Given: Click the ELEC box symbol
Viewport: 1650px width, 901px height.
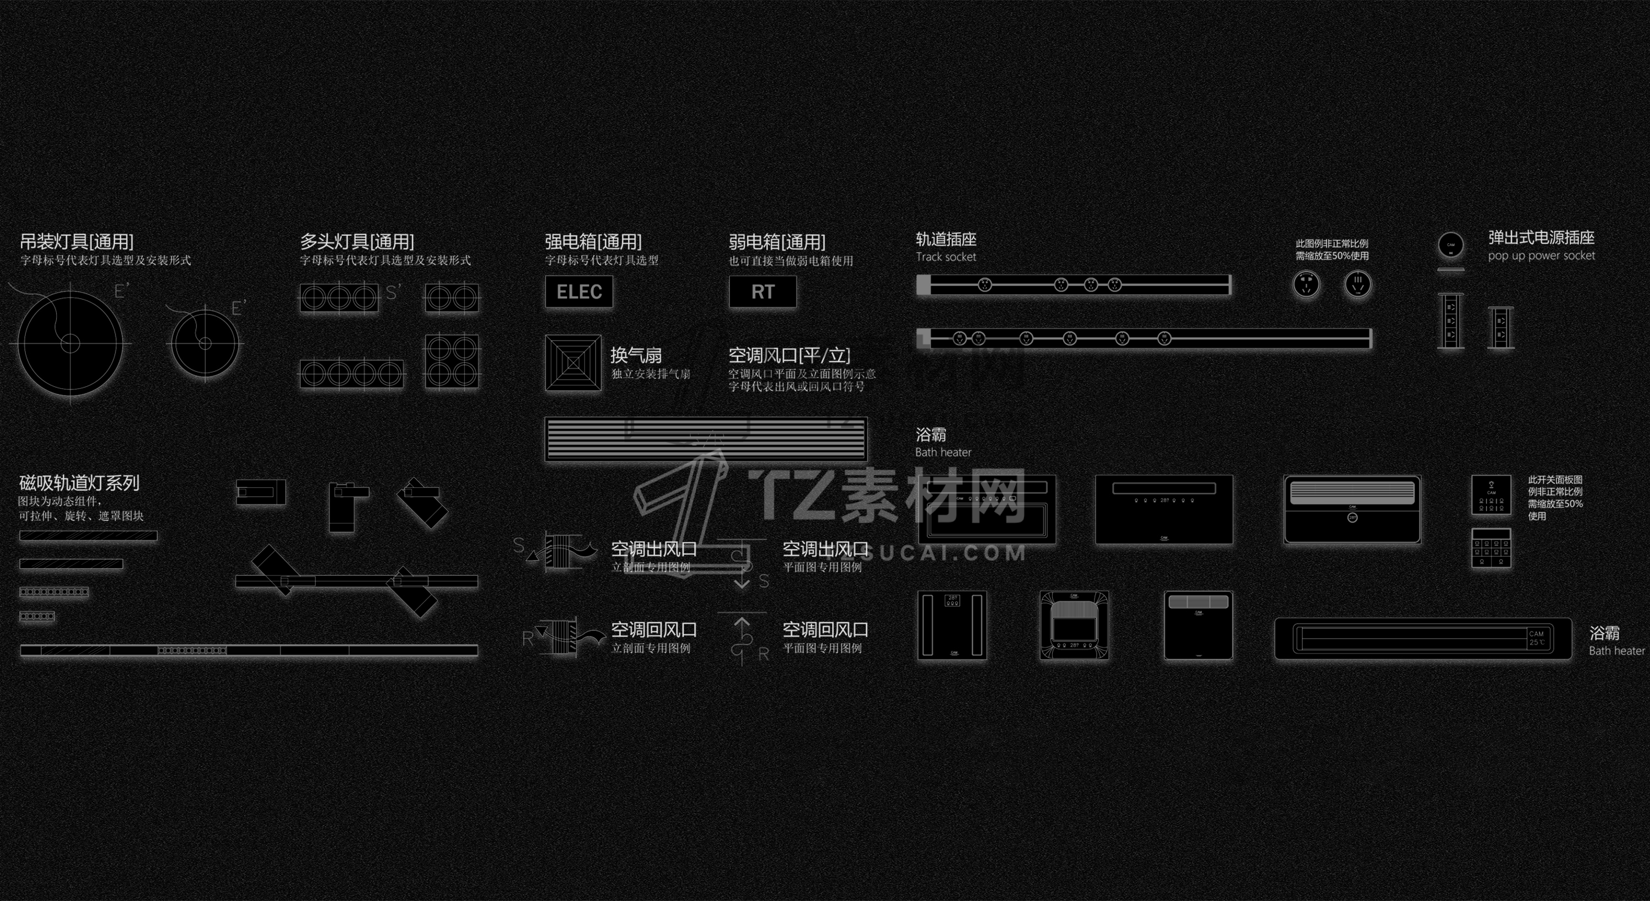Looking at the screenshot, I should (579, 292).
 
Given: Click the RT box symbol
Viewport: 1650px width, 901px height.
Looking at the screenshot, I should (763, 292).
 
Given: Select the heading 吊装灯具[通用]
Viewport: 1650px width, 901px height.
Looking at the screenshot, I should (76, 241).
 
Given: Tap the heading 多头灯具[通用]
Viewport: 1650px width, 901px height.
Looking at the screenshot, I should (357, 241).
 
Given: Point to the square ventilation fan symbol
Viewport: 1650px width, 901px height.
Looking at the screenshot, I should (573, 362).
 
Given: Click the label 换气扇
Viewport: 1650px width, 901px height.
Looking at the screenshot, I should (635, 354).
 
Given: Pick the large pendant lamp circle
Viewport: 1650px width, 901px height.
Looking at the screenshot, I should (70, 343).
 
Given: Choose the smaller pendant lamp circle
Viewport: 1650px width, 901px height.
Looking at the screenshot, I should (205, 343).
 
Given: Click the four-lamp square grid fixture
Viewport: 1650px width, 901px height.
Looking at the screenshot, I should (452, 361).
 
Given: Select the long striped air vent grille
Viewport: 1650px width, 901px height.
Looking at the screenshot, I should (706, 439).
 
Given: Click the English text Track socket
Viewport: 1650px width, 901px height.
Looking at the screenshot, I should (945, 257).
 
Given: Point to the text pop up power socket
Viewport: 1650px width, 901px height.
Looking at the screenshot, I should (1541, 256).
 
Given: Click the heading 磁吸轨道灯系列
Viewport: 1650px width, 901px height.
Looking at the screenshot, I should (79, 482).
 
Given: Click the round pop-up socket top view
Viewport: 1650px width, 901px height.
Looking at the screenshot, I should (1451, 245).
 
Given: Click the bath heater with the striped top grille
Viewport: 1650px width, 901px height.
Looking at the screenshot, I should (1352, 509).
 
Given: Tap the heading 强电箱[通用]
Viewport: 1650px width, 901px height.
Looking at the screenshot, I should (593, 241).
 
